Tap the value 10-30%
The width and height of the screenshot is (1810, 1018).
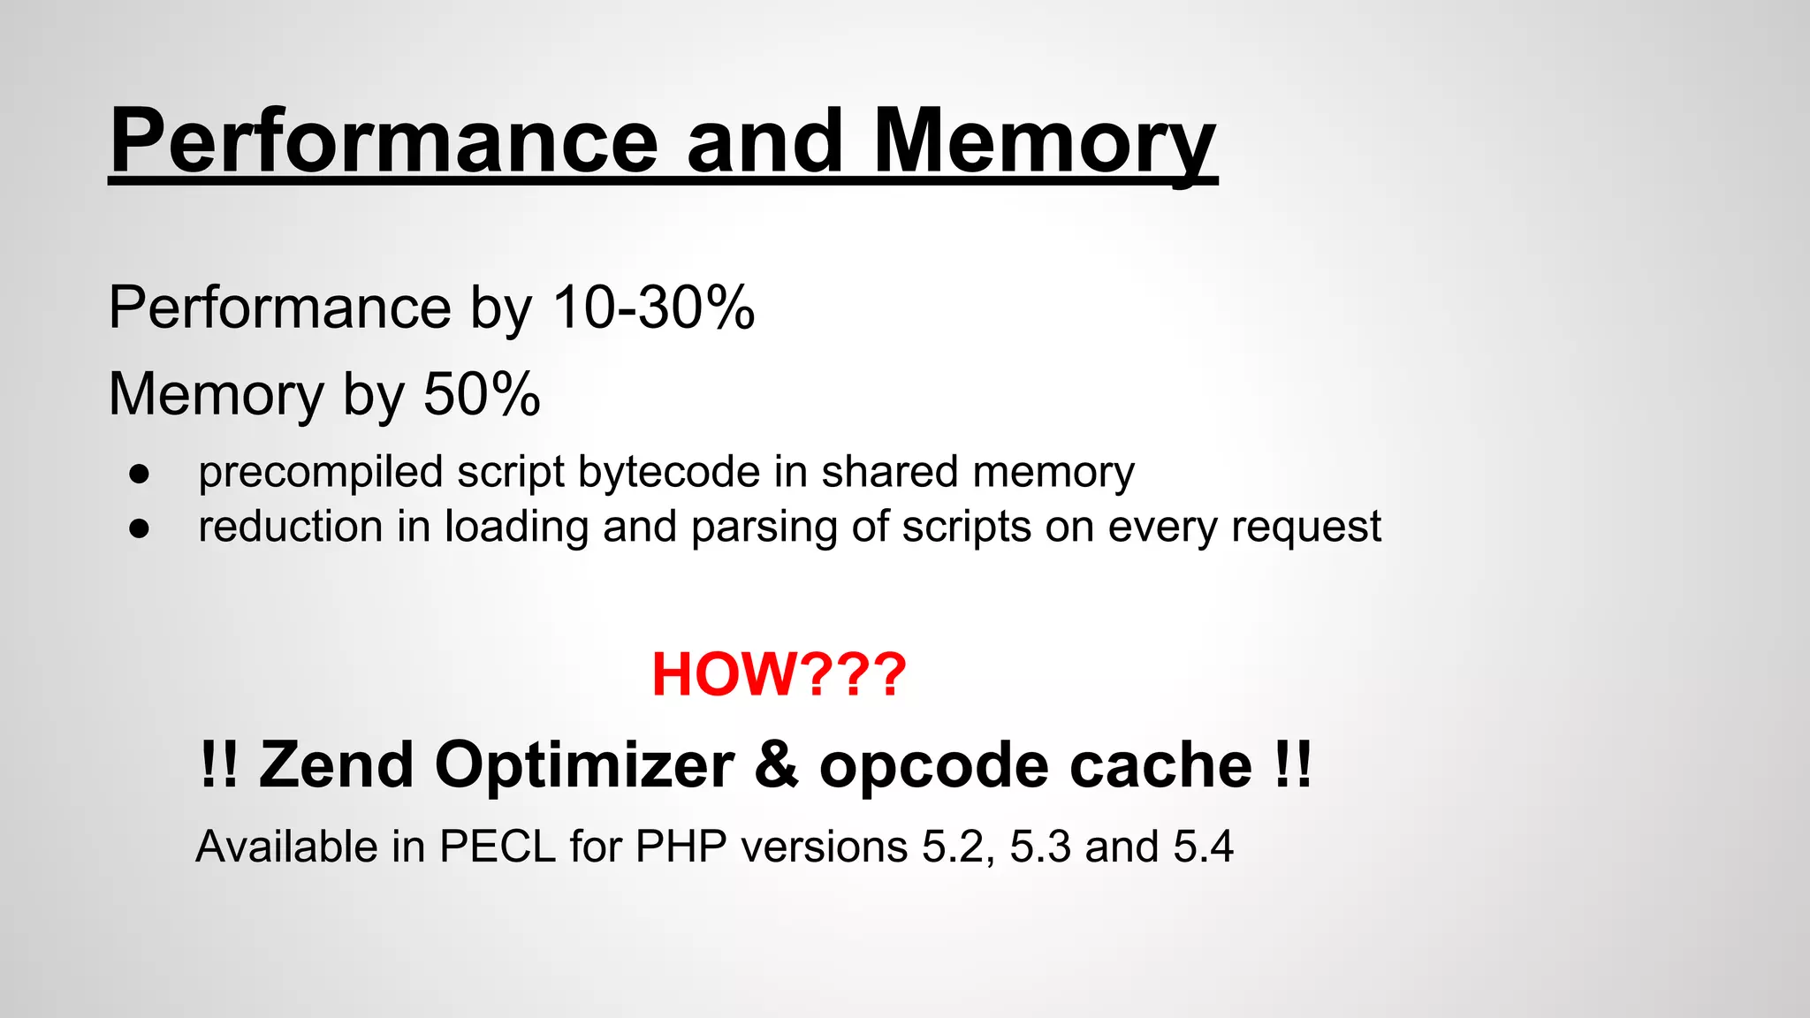click(x=653, y=308)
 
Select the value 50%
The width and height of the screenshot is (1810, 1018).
click(x=482, y=393)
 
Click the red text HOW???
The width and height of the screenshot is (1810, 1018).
click(x=779, y=674)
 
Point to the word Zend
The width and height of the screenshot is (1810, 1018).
click(x=336, y=764)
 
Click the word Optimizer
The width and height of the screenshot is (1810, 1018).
click(x=584, y=764)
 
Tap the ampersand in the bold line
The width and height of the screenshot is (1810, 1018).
click(x=777, y=764)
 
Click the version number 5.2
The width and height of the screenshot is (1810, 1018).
click(x=953, y=847)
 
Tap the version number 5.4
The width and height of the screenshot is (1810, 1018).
click(x=1203, y=847)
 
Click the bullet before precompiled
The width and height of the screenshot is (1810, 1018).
click(x=139, y=474)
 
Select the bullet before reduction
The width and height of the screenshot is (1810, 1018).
click(x=139, y=528)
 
